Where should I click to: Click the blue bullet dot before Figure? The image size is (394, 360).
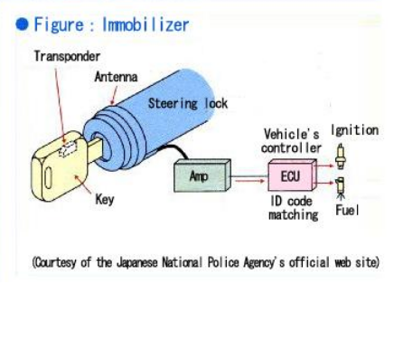click(22, 24)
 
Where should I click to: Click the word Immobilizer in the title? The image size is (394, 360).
click(145, 24)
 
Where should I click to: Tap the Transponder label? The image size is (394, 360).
click(67, 56)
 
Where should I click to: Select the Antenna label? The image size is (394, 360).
click(116, 77)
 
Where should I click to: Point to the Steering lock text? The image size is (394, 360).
click(188, 103)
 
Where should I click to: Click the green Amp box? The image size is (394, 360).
click(202, 175)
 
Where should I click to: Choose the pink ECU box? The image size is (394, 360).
click(292, 175)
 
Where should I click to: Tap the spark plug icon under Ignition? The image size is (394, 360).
click(341, 156)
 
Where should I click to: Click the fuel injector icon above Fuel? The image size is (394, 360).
click(341, 187)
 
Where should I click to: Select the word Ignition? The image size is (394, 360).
click(354, 130)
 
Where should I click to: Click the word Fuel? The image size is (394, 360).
click(347, 210)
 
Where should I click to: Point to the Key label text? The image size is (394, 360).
click(105, 200)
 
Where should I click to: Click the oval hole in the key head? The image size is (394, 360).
click(48, 178)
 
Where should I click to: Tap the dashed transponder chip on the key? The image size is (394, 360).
click(68, 149)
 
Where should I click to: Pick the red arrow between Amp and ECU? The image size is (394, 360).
click(249, 181)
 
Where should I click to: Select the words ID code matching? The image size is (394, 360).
click(293, 208)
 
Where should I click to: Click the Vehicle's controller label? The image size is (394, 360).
click(291, 141)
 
